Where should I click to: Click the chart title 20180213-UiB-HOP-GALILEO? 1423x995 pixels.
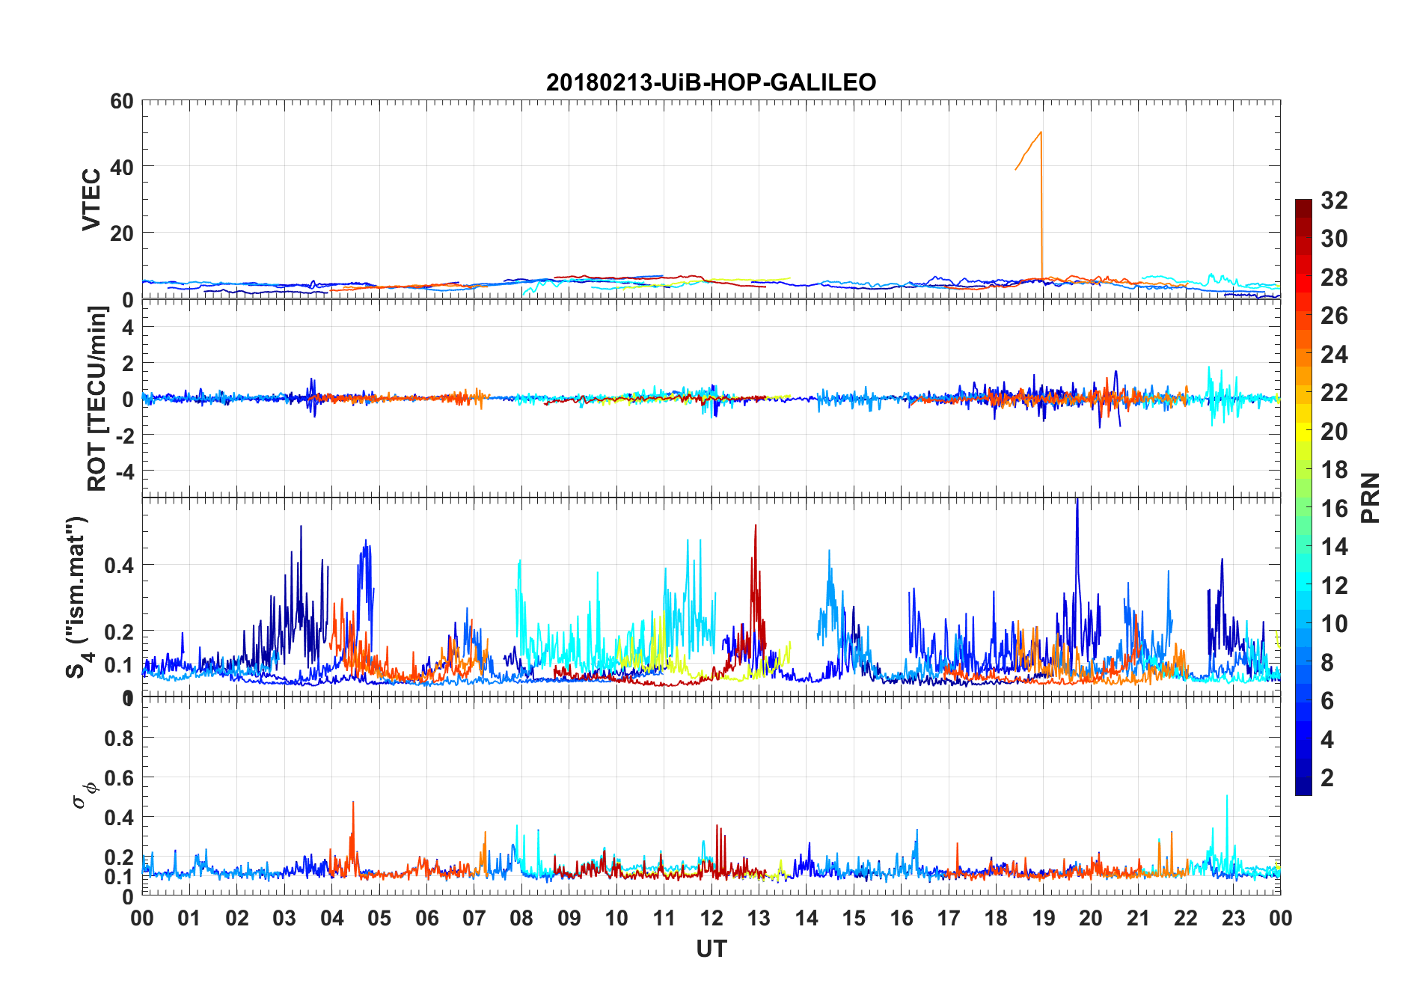711,82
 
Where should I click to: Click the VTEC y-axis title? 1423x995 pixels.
91,200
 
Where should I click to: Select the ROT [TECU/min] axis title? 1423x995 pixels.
97,399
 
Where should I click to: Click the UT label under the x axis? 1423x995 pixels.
711,949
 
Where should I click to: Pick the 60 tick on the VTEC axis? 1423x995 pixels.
122,101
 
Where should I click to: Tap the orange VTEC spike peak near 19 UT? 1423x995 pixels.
1041,132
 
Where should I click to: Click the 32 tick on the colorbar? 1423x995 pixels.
1334,200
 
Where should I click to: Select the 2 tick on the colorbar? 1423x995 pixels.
1327,777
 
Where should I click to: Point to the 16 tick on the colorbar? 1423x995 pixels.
1334,508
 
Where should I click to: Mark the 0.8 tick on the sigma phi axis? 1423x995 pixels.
119,738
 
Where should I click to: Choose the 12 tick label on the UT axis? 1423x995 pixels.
711,918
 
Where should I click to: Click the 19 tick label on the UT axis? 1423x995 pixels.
1043,918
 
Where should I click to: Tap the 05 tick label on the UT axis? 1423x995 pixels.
379,918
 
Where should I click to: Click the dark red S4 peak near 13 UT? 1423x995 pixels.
756,525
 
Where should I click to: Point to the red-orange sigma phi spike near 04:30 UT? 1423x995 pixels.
353,802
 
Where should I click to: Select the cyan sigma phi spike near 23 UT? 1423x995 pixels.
1227,796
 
